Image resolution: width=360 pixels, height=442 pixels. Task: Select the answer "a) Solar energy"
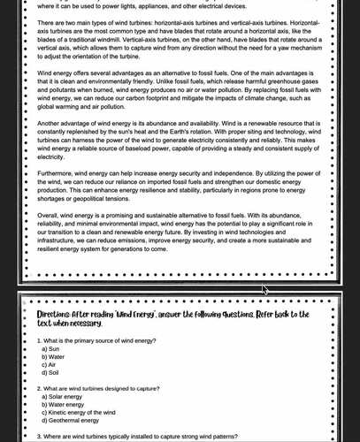65,397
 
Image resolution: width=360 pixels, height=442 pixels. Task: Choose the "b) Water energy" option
66,405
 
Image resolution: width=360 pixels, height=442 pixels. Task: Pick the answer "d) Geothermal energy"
74,421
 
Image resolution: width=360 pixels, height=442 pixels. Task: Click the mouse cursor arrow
265,288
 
